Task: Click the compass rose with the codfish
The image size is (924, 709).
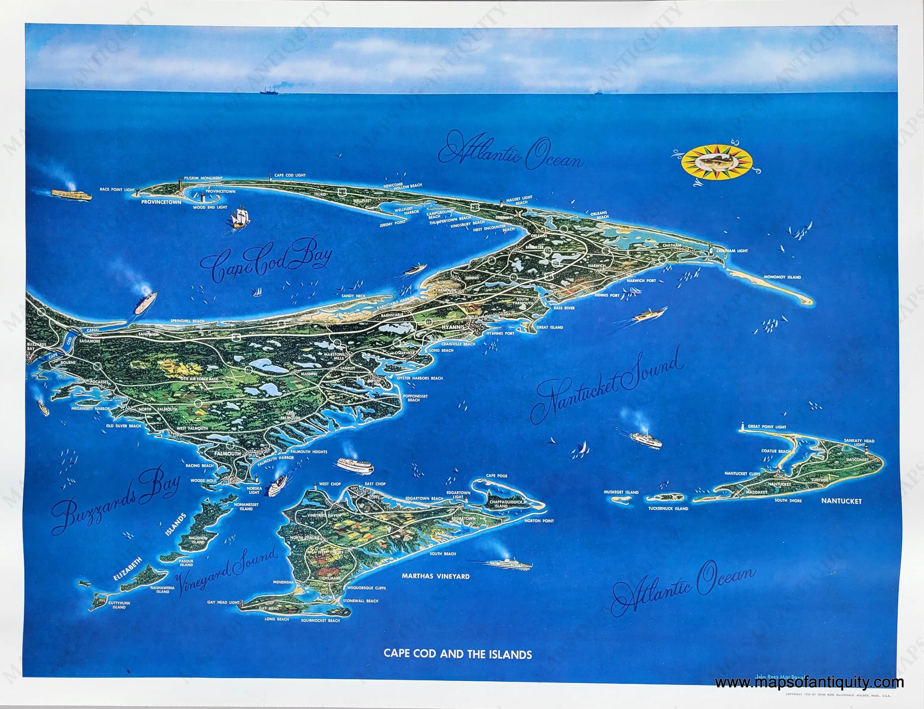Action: tap(718, 162)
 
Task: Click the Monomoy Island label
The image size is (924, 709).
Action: tap(782, 277)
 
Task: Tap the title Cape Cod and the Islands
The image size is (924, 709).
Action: tap(457, 655)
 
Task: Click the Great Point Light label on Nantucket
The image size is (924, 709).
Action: tap(767, 427)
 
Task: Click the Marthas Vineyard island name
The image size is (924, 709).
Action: tap(436, 576)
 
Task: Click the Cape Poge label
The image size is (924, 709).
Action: tap(496, 476)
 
